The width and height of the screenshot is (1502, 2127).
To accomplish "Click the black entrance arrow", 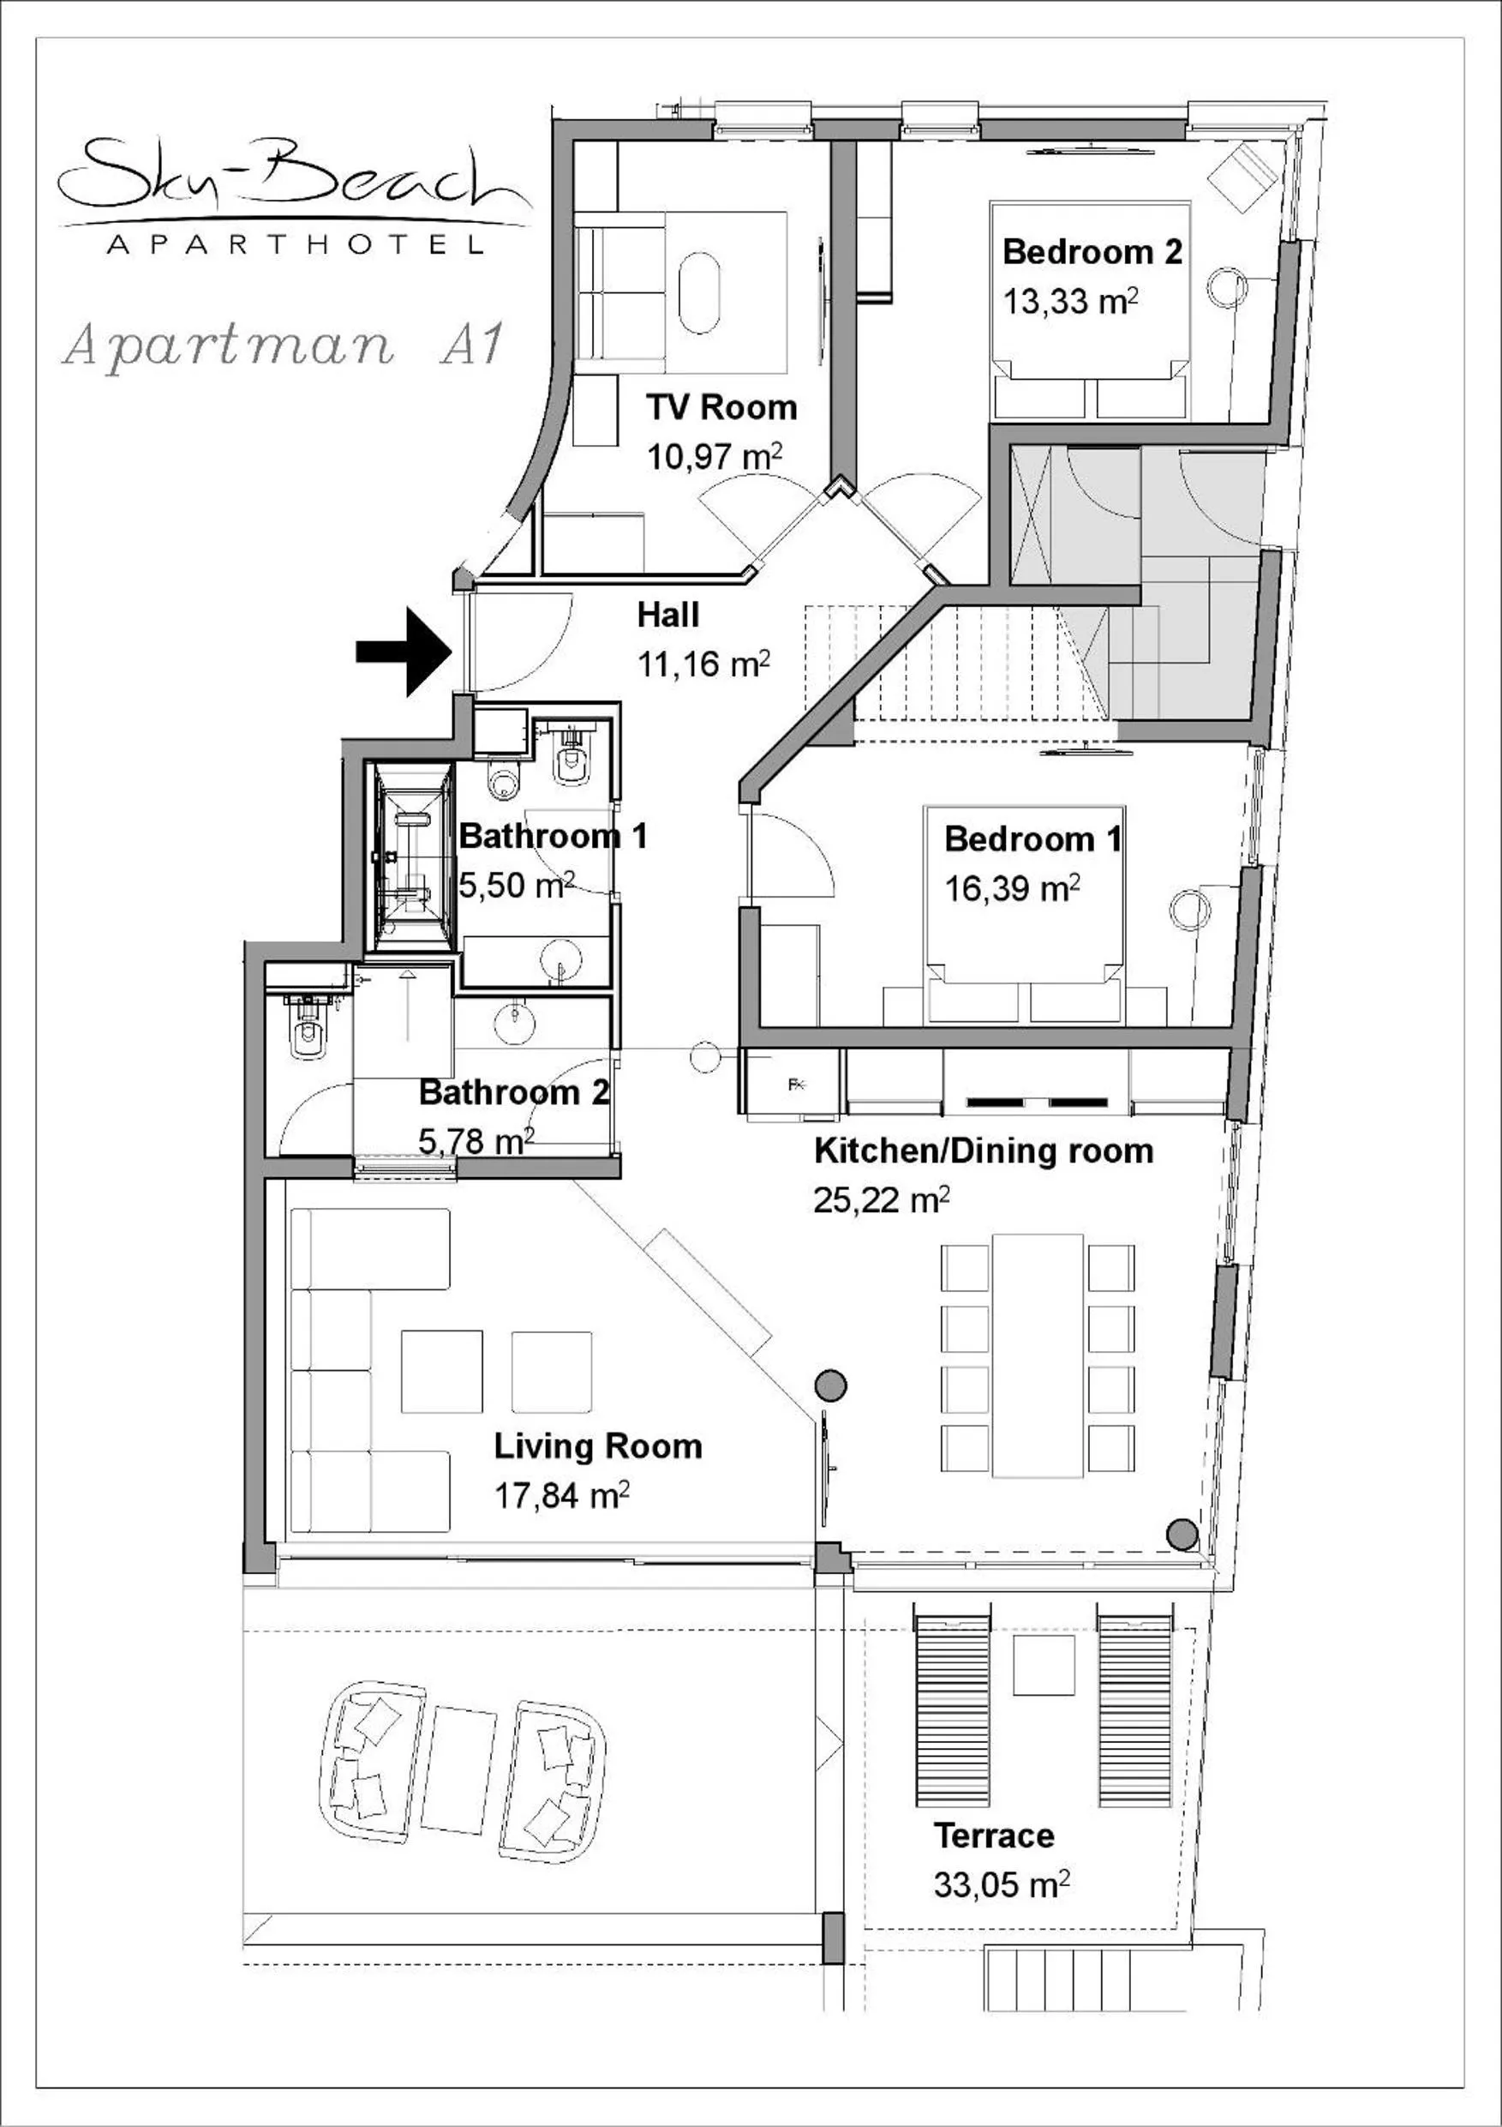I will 404,652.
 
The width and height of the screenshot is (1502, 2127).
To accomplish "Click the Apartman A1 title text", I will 283,345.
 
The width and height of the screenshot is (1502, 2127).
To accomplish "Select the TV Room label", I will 721,406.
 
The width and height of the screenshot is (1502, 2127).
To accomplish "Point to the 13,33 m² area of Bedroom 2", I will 1069,302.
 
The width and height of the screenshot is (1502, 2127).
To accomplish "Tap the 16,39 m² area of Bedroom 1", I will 1011,888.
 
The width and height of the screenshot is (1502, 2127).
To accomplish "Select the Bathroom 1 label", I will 553,836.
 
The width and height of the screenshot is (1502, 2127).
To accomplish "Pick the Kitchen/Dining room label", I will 984,1151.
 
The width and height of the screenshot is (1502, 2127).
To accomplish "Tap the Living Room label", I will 597,1446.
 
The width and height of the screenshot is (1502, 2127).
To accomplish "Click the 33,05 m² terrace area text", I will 1001,1884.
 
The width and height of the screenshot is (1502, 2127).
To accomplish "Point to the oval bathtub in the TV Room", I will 699,294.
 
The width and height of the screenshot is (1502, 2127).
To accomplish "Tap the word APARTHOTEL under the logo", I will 295,245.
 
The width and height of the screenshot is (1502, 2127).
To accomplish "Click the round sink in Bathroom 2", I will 514,1023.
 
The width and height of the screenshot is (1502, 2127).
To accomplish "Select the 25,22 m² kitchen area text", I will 881,1200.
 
